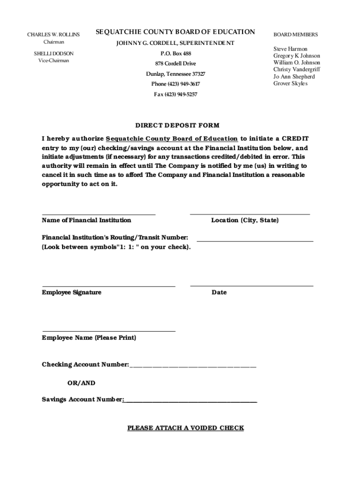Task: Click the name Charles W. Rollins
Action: coord(53,35)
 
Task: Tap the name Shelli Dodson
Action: coord(53,54)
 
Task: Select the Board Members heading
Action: coord(295,35)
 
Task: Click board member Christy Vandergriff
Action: coord(296,69)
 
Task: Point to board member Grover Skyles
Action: coord(290,83)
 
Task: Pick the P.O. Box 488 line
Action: coord(175,53)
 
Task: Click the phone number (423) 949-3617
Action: coord(175,84)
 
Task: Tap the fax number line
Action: coord(175,94)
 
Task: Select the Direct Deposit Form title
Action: coord(177,125)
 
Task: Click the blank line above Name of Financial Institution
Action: coord(99,214)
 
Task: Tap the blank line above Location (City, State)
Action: coord(250,214)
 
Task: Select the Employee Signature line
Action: coord(108,285)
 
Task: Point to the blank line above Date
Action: coord(252,285)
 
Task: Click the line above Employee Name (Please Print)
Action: coord(108,330)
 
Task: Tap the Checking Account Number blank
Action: coord(193,366)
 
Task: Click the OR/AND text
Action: coord(81,383)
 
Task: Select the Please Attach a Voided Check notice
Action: coord(186,428)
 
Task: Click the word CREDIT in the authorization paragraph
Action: coord(294,138)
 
